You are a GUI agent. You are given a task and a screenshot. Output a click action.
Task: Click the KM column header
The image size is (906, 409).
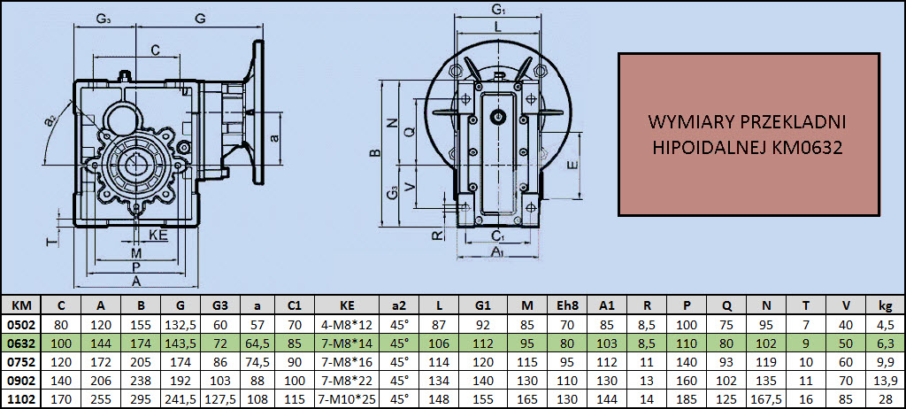21,305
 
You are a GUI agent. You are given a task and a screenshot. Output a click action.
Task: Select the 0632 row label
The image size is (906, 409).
21,343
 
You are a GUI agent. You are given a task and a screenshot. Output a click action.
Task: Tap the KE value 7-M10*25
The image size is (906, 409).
347,398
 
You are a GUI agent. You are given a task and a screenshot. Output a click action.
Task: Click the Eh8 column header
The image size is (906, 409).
566,305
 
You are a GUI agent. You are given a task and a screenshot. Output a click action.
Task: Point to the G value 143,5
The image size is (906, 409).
180,343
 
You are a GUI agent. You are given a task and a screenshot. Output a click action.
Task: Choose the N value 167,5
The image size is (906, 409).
765,398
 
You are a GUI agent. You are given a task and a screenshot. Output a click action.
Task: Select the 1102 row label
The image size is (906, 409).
21,398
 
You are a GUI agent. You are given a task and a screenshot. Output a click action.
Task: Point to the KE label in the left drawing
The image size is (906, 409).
157,235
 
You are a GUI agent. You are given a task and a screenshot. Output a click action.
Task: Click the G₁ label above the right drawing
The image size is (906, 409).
498,9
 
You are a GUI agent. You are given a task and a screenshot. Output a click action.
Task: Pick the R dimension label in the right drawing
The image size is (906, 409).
437,235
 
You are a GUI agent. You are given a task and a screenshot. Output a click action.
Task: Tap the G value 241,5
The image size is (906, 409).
180,398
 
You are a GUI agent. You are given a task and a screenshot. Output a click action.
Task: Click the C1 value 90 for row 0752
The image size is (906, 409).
295,361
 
